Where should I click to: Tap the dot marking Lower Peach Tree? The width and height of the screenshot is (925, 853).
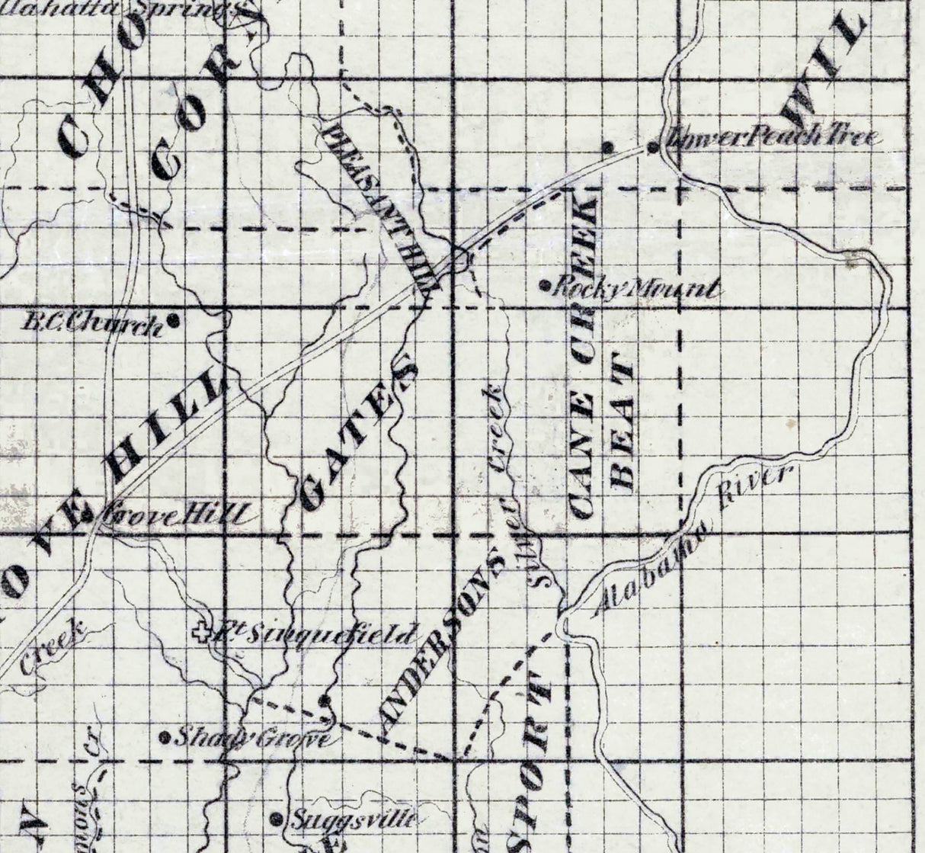click(x=653, y=146)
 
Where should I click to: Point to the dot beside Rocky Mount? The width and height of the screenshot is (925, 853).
click(x=546, y=287)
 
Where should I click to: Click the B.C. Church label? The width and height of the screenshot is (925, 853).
click(x=92, y=325)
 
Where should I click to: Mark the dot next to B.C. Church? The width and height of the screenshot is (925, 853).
click(x=174, y=321)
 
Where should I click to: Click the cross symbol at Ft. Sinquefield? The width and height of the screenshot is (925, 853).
click(x=201, y=631)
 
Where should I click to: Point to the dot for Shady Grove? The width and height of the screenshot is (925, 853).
click(x=165, y=737)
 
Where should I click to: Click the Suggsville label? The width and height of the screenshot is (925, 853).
click(x=353, y=820)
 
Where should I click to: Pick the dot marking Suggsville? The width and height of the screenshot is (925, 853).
click(x=277, y=819)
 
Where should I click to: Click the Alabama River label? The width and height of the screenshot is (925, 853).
click(x=693, y=541)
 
